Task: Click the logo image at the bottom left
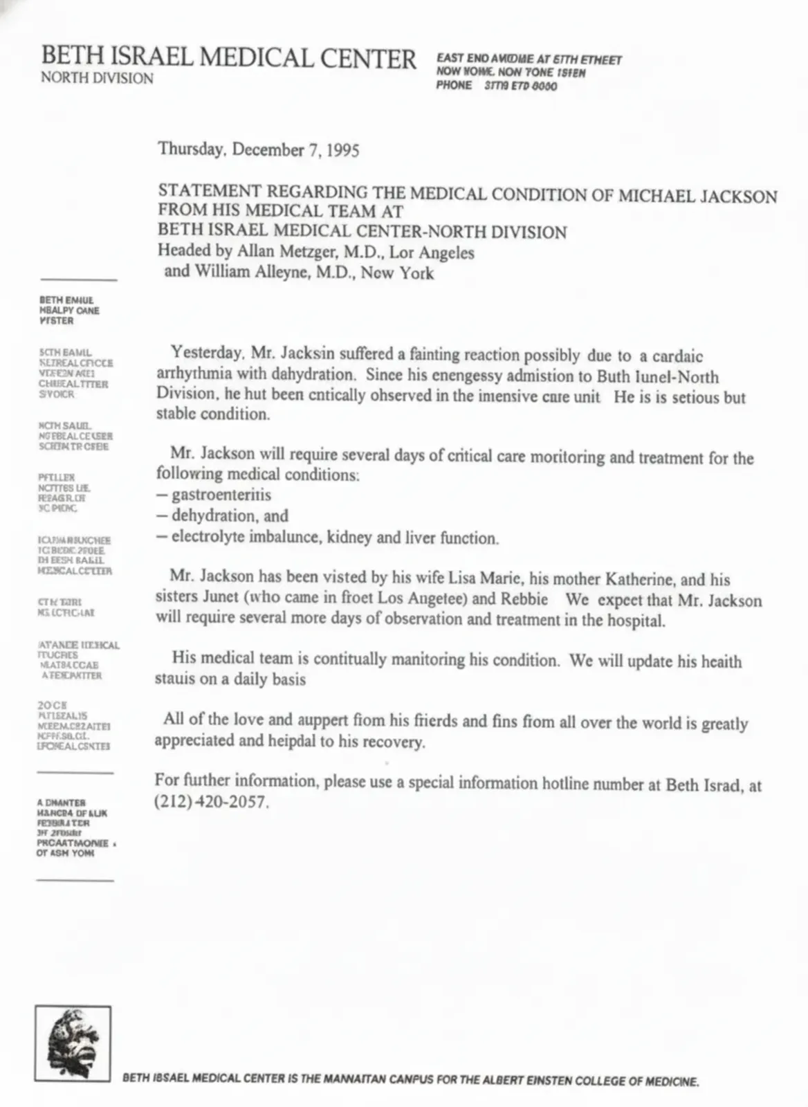point(73,1043)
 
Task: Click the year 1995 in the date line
point(342,150)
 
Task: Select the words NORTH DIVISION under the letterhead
point(97,78)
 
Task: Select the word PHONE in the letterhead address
point(454,85)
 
